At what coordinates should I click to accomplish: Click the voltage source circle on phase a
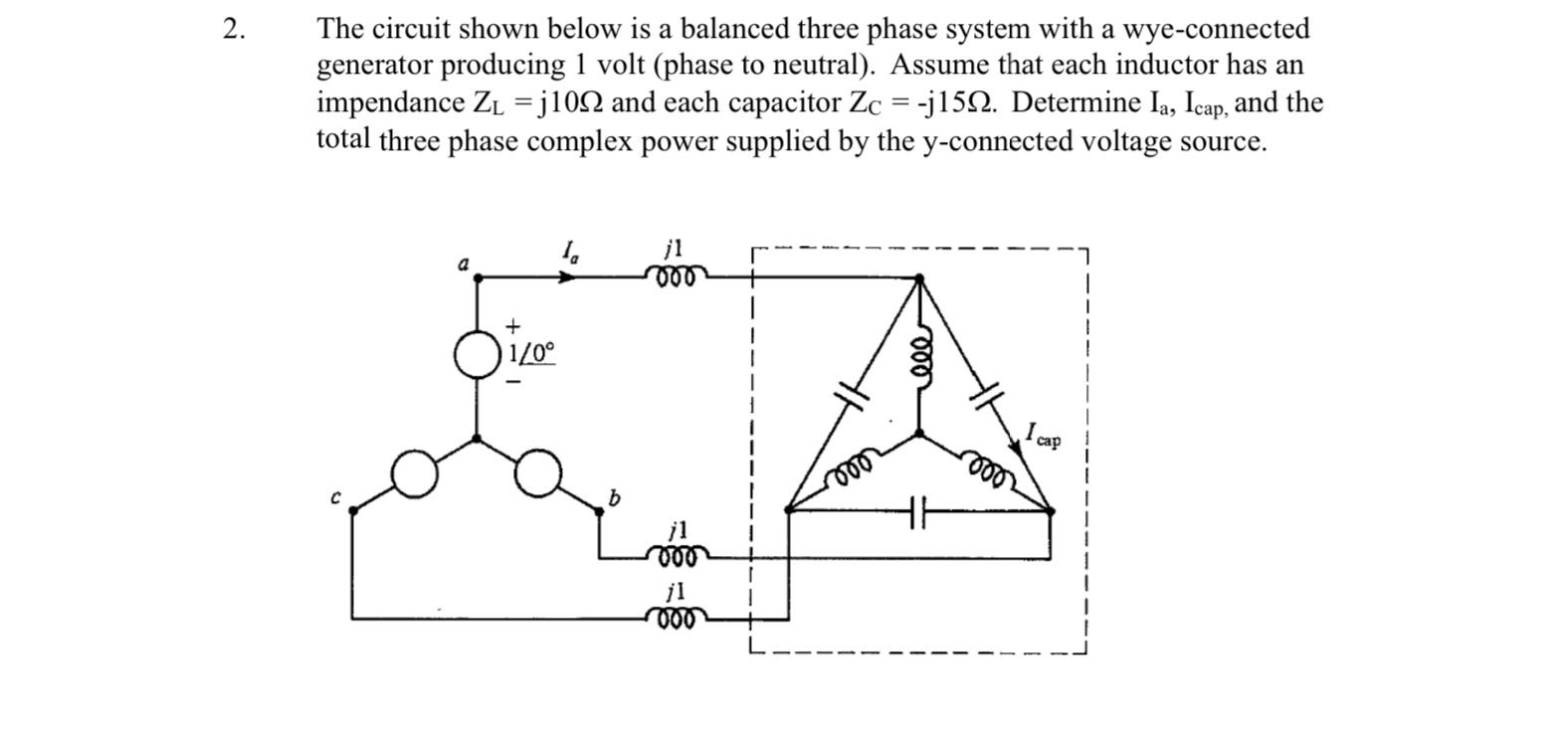pyautogui.click(x=476, y=356)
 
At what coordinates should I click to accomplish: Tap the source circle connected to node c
pyautogui.click(x=414, y=472)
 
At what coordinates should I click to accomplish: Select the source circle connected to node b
pyautogui.click(x=538, y=472)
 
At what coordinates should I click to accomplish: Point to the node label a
pyautogui.click(x=463, y=265)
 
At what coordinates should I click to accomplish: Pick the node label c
pyautogui.click(x=338, y=496)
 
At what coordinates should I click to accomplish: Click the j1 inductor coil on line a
pyautogui.click(x=677, y=276)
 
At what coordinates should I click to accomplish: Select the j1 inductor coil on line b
pyautogui.click(x=678, y=554)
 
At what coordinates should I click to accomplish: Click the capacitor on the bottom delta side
pyautogui.click(x=919, y=511)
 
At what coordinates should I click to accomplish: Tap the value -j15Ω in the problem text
pyautogui.click(x=957, y=102)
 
